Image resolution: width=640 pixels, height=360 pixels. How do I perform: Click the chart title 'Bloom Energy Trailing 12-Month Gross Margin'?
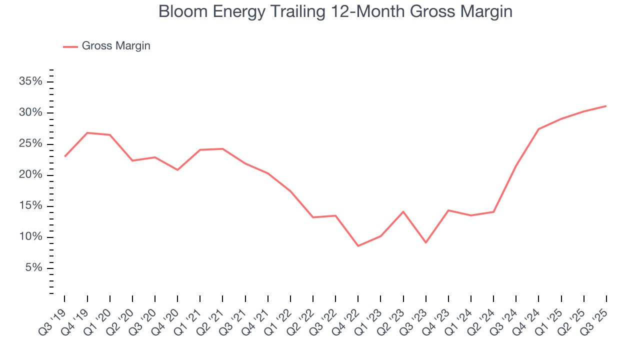click(335, 11)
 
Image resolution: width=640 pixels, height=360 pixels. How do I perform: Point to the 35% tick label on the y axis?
click(30, 81)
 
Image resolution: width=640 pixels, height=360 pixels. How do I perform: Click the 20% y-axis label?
click(30, 175)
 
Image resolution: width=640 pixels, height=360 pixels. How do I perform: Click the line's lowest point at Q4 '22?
click(358, 246)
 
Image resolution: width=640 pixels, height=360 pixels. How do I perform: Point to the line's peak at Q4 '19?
click(87, 133)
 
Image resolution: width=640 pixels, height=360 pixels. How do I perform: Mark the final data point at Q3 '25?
click(606, 106)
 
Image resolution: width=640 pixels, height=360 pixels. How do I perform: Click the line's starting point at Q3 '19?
click(65, 156)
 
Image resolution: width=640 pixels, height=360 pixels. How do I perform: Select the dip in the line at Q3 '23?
click(425, 242)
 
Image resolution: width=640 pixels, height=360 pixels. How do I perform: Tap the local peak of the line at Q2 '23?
click(403, 211)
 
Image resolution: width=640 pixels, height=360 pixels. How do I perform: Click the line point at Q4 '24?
click(538, 129)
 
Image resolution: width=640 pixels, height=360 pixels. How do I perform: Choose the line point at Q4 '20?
click(177, 170)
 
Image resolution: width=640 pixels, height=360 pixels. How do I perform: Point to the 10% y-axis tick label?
click(30, 237)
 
